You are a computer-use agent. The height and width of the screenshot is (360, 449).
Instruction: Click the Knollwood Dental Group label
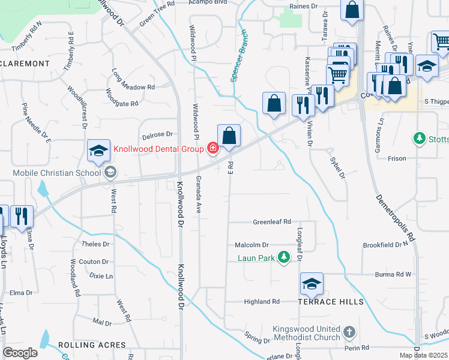pyautogui.click(x=157, y=148)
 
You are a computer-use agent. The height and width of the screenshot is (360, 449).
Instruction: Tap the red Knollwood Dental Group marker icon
pyautogui.click(x=212, y=148)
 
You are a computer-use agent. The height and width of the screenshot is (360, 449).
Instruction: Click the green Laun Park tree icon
pyautogui.click(x=285, y=258)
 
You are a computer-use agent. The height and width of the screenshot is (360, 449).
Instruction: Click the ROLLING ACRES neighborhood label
pyautogui.click(x=92, y=345)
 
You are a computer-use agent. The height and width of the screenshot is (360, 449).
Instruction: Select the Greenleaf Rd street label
pyautogui.click(x=271, y=221)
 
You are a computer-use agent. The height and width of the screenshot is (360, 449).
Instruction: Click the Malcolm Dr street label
pyautogui.click(x=252, y=245)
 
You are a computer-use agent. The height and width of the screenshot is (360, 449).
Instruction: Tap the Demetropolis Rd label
pyautogui.click(x=396, y=216)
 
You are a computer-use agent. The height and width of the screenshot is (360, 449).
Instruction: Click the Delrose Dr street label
pyautogui.click(x=157, y=134)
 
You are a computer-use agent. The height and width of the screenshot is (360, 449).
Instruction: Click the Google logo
pyautogui.click(x=20, y=353)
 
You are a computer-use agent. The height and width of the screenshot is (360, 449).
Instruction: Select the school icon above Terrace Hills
pyautogui.click(x=312, y=284)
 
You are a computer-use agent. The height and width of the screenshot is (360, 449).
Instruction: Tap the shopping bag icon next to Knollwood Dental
pyautogui.click(x=229, y=136)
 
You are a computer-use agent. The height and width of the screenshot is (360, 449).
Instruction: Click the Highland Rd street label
pyautogui.click(x=262, y=302)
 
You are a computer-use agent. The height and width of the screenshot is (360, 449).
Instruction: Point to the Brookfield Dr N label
pyautogui.click(x=385, y=245)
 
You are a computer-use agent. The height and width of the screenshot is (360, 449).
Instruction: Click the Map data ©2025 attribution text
pyautogui.click(x=424, y=355)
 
